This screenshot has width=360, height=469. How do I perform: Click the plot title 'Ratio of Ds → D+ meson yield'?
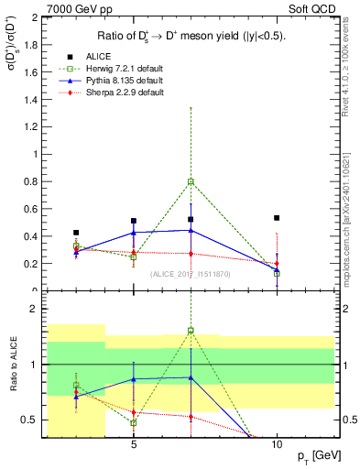[x=190, y=36]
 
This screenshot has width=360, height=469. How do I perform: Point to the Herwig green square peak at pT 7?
[x=191, y=182]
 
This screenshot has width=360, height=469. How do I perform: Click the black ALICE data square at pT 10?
[x=277, y=218]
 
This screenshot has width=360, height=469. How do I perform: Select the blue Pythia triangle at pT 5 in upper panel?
[x=134, y=233]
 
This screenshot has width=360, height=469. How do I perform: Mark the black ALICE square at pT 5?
[x=134, y=221]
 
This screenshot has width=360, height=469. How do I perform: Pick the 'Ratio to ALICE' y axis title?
[x=11, y=366]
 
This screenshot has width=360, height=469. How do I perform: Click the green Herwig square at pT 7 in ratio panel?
[x=191, y=331]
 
